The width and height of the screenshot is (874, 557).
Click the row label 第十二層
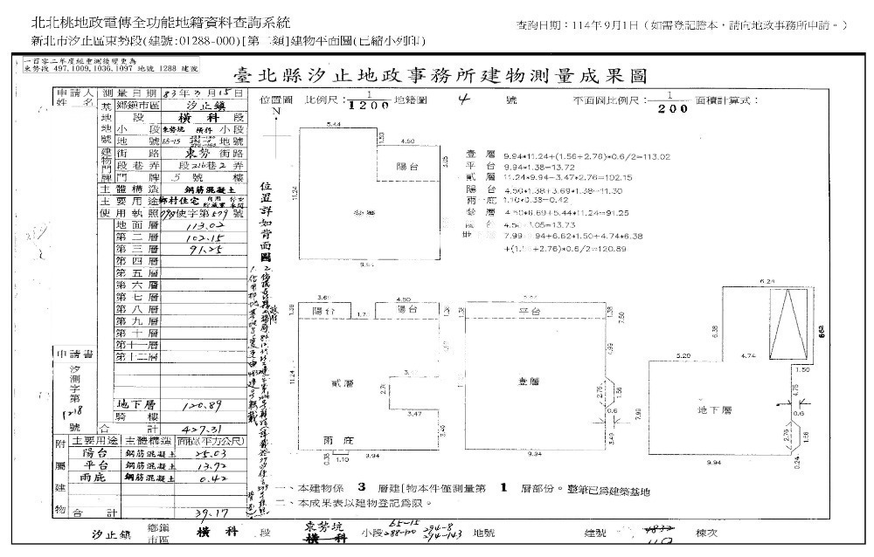point(137,357)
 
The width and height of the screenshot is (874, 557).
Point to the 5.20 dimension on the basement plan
point(683,355)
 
